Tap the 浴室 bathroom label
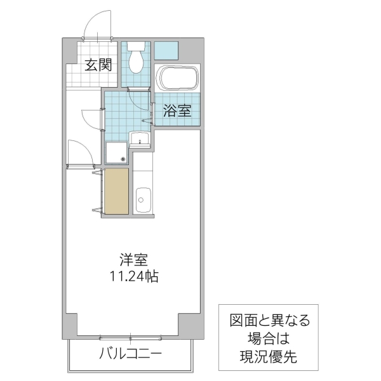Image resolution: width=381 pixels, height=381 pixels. pos(177,110)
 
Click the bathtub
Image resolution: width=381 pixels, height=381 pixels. pos(177,79)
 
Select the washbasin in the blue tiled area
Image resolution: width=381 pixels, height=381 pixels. pos(139,139)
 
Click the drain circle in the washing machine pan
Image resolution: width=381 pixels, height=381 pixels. pos(123,159)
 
